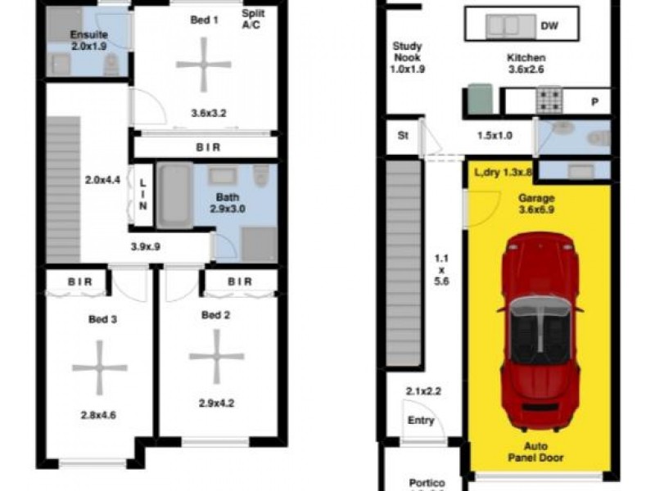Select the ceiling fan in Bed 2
pyautogui.click(x=216, y=356)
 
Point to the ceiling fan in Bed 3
pyautogui.click(x=100, y=367)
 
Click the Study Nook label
pyautogui.click(x=407, y=58)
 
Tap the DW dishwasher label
pyautogui.click(x=550, y=27)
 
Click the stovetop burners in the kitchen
pyautogui.click(x=547, y=101)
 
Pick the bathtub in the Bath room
pyautogui.click(x=174, y=196)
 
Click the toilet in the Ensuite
pyautogui.click(x=111, y=65)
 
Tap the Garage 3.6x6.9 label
pyautogui.click(x=537, y=204)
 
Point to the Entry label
pyautogui.click(x=418, y=421)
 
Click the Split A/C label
pyautogui.click(x=251, y=20)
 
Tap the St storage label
pyautogui.click(x=403, y=136)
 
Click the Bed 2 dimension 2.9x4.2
pyautogui.click(x=216, y=403)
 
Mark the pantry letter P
pyautogui.click(x=594, y=101)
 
